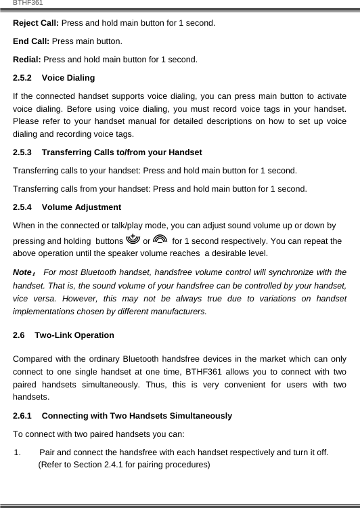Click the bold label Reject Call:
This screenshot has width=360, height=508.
click(36, 23)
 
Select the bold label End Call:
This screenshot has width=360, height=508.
click(32, 41)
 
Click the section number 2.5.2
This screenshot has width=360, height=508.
click(24, 79)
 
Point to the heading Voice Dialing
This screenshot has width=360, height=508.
click(73, 79)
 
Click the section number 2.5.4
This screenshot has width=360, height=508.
click(24, 207)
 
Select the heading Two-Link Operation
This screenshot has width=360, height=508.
click(74, 335)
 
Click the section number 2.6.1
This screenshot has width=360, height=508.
click(24, 416)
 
